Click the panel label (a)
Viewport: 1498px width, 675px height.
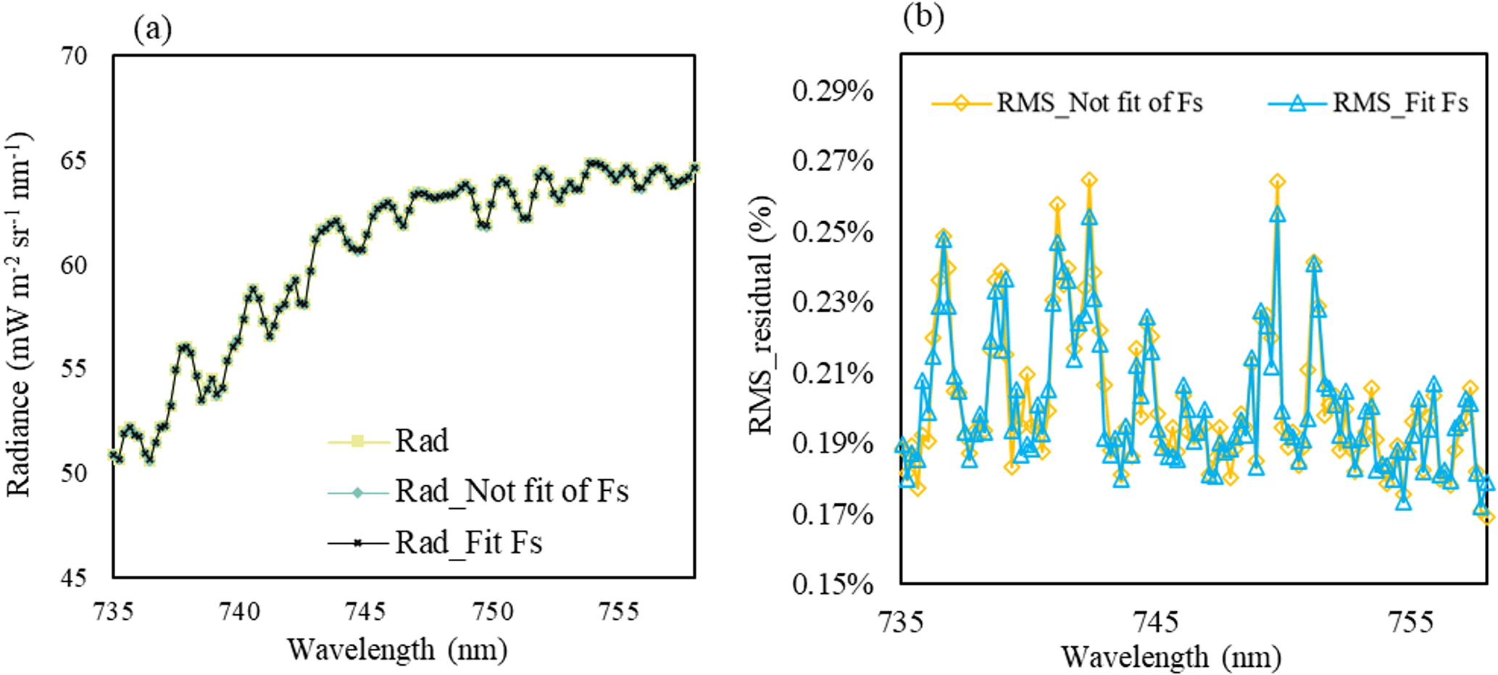coord(153,30)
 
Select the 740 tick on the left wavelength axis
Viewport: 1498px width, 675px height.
coord(240,611)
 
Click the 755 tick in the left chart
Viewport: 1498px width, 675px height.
coord(619,611)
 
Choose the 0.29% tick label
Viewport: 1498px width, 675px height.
coord(833,91)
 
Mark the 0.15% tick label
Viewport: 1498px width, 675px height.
coord(833,584)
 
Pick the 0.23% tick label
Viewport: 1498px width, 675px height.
coord(833,302)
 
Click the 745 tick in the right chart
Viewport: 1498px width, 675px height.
coord(1157,621)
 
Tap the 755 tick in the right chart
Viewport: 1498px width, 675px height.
coord(1412,621)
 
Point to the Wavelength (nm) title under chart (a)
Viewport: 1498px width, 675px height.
coord(396,650)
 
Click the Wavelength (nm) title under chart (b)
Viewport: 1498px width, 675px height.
coord(1171,658)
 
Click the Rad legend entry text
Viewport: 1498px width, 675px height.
coord(422,441)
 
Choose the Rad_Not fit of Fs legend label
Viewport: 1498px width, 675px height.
coord(512,492)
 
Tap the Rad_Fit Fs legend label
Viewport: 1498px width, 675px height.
coord(468,542)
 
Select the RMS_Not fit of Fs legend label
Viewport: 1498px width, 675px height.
coord(1099,103)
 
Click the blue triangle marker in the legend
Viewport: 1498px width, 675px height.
coord(1297,104)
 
